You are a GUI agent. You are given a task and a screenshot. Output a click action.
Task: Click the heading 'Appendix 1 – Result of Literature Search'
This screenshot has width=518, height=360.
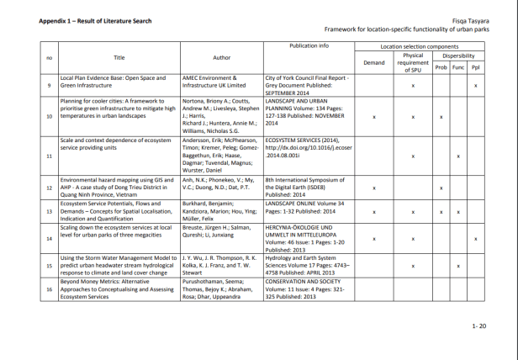click(93, 20)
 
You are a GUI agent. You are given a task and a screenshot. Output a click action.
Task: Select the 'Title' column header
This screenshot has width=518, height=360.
click(119, 57)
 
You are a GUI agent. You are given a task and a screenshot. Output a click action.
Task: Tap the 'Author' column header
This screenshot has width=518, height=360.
click(221, 57)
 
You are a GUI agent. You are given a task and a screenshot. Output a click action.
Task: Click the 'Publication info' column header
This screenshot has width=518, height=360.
click(309, 45)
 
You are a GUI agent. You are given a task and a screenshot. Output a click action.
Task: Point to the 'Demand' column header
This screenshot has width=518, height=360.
click(373, 62)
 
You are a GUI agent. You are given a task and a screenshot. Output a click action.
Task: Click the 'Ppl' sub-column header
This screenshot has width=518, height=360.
click(475, 67)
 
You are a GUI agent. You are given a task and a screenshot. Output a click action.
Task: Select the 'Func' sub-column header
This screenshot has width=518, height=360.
click(457, 67)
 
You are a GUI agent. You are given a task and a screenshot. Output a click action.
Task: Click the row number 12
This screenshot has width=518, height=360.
click(49, 188)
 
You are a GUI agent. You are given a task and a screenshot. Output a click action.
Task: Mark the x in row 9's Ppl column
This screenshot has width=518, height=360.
click(475, 86)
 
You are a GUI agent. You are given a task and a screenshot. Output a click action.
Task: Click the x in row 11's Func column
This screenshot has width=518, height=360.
click(457, 156)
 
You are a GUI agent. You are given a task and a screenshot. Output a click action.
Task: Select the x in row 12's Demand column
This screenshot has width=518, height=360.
click(373, 188)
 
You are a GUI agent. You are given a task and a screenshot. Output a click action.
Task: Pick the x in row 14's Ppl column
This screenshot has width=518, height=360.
click(475, 239)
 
